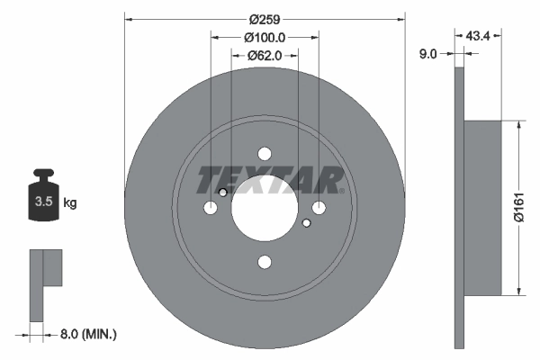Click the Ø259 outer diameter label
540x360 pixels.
point(264,19)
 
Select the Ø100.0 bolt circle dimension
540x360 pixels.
point(265,38)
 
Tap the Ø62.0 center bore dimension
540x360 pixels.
point(265,56)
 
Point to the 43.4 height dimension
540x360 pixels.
point(479,37)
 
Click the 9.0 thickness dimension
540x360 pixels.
point(428,54)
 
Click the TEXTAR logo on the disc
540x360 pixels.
point(269,180)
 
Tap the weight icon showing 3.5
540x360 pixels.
point(42,199)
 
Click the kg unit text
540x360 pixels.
point(70,203)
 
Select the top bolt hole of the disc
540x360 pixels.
point(264,153)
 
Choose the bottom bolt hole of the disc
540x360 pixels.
point(264,262)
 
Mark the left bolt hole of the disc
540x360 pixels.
point(210,208)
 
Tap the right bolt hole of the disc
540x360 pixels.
point(319,208)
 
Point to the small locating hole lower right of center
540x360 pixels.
point(306,222)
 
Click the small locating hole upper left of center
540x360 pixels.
point(222,192)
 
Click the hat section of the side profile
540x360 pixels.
point(482,207)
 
